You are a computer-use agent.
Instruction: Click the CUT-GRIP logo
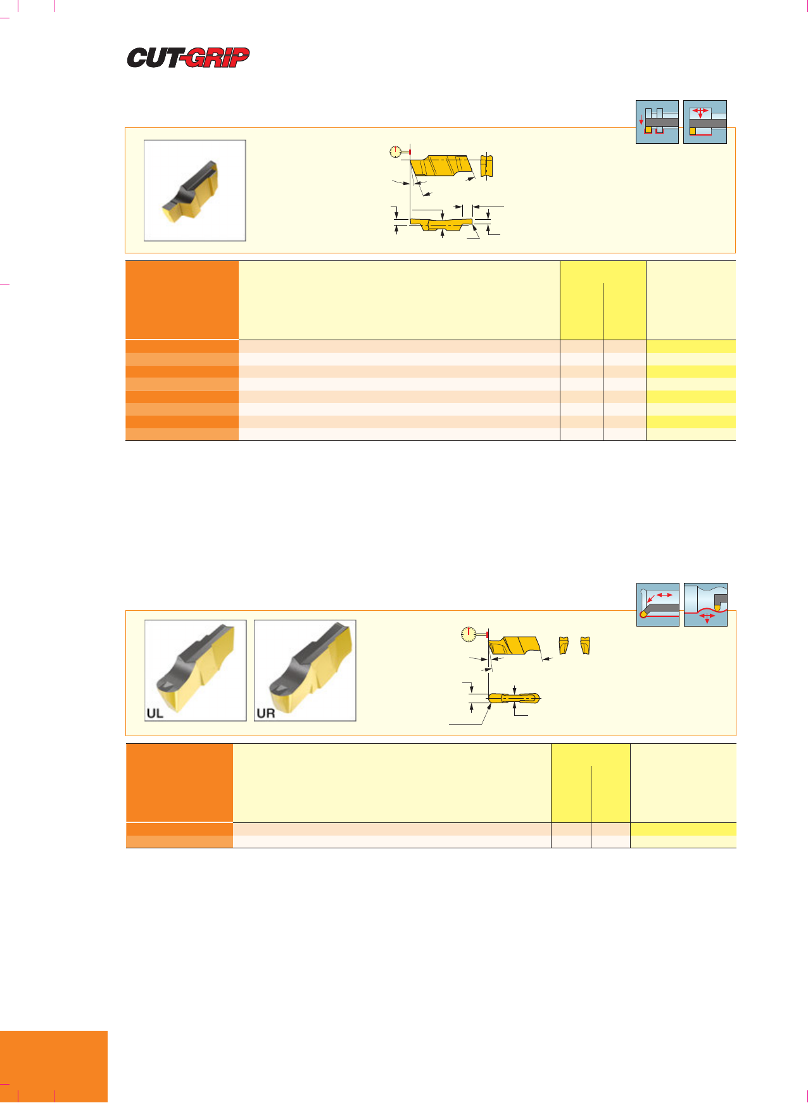pyautogui.click(x=188, y=58)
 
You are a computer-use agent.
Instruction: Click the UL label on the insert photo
pyautogui.click(x=155, y=713)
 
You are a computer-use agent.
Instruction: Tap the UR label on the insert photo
pyautogui.click(x=265, y=713)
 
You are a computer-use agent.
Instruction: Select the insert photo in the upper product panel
pyautogui.click(x=195, y=190)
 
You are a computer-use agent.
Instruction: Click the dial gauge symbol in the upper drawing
pyautogui.click(x=396, y=152)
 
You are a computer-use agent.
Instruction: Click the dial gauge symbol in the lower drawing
pyautogui.click(x=469, y=634)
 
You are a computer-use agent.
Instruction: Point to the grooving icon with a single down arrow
pyautogui.click(x=657, y=122)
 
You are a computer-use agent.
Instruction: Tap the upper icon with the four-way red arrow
pyautogui.click(x=705, y=122)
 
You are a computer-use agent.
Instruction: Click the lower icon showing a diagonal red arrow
pyautogui.click(x=658, y=604)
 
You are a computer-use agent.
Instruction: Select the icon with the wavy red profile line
pyautogui.click(x=706, y=604)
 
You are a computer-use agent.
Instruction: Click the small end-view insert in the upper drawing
pyautogui.click(x=486, y=166)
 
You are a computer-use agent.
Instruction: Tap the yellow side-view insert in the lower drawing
pyautogui.click(x=514, y=646)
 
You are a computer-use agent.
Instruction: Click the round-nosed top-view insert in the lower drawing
pyautogui.click(x=514, y=698)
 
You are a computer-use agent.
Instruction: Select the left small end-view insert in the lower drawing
pyautogui.click(x=563, y=645)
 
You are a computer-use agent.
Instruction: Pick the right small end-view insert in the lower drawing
pyautogui.click(x=585, y=645)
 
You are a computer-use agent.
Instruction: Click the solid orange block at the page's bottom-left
pyautogui.click(x=54, y=1067)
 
